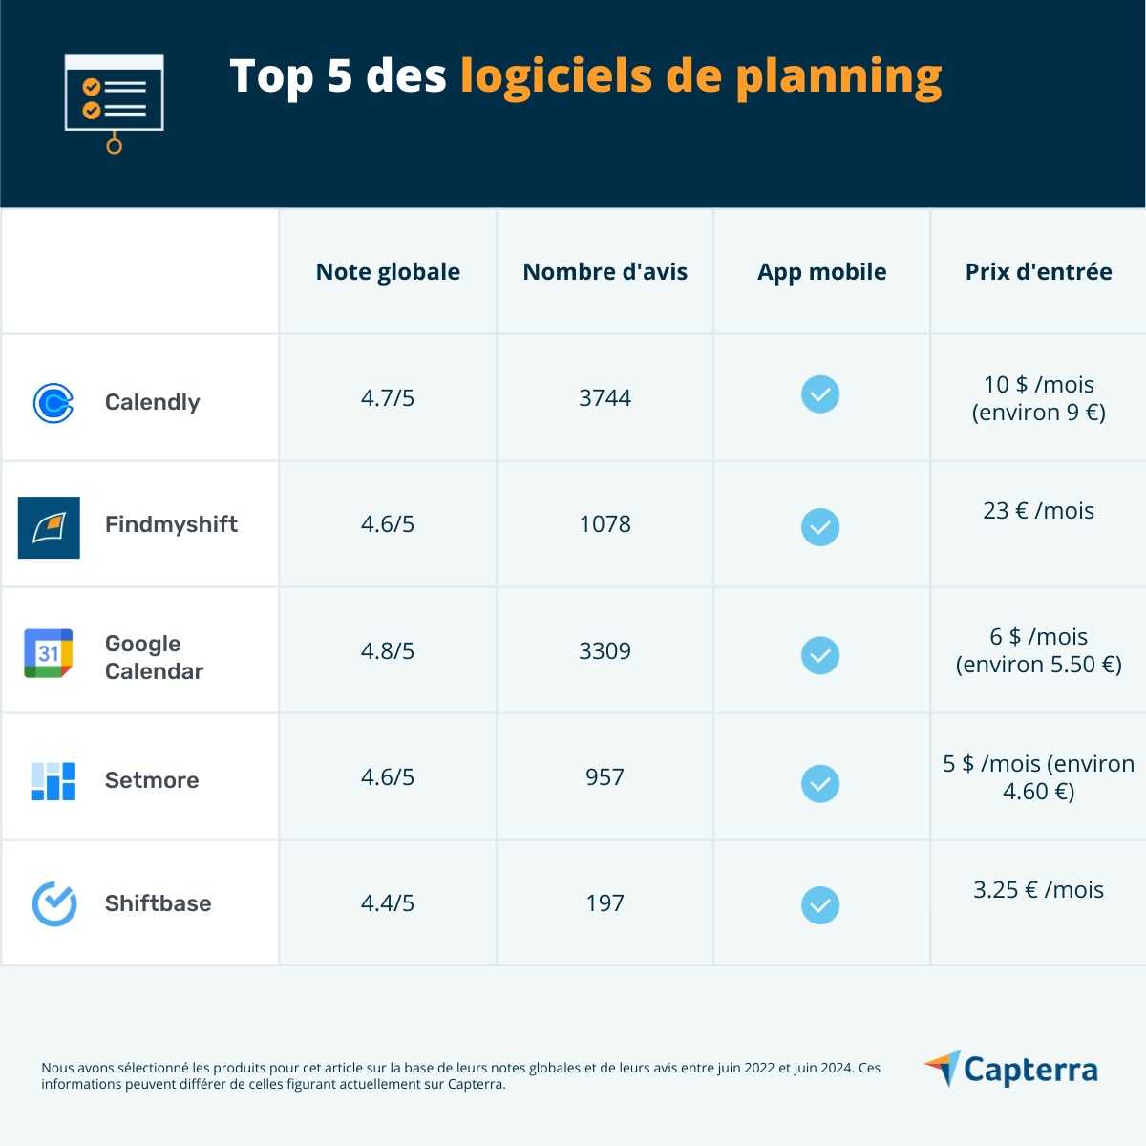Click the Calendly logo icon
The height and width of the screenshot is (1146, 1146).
[x=53, y=403]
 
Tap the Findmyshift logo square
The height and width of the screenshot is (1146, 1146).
[x=49, y=527]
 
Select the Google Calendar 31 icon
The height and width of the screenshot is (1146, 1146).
[x=49, y=653]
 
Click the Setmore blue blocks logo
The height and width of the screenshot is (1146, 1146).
[x=53, y=781]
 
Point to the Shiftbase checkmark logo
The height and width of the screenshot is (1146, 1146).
[x=54, y=903]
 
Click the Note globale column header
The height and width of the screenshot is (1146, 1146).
[x=388, y=272]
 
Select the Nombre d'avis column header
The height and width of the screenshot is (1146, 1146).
[x=605, y=272]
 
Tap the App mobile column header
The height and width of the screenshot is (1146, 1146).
[x=821, y=272]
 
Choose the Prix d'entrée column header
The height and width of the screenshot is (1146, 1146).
[x=1038, y=272]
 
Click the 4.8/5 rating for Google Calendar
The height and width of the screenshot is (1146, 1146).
[x=388, y=651]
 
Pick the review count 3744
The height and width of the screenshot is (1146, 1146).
[x=605, y=398]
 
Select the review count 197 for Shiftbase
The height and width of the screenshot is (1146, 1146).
[x=605, y=903]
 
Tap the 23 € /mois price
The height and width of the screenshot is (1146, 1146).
[x=1038, y=511]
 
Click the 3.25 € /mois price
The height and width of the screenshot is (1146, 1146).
[x=1038, y=890]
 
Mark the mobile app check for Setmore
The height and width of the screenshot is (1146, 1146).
[x=820, y=784]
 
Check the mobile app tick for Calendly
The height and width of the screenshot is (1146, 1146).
[x=820, y=394]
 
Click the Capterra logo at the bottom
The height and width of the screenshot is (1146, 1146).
[x=1011, y=1070]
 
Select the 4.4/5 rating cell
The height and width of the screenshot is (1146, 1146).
[x=388, y=903]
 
